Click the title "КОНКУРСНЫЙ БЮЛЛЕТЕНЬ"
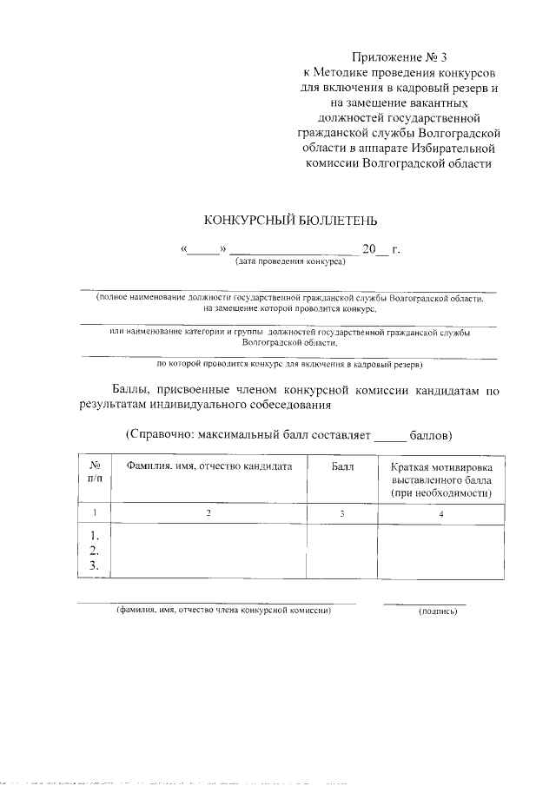(x=290, y=221)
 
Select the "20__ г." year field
(x=381, y=250)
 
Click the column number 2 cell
(x=208, y=514)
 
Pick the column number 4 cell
(x=440, y=514)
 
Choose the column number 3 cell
(x=342, y=514)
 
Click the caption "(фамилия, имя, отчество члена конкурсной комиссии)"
(x=224, y=611)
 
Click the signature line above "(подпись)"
(x=425, y=602)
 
